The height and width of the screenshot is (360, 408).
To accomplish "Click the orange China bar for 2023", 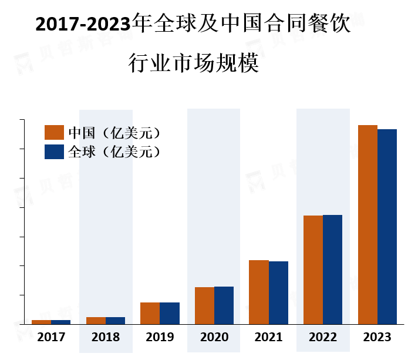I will click(x=367, y=224).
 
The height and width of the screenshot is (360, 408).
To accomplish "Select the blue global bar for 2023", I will click(x=387, y=226).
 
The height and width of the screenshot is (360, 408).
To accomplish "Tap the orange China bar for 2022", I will click(x=313, y=270).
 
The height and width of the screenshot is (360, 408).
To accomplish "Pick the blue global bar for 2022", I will click(x=332, y=269).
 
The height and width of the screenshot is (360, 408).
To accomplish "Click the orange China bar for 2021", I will click(x=259, y=292).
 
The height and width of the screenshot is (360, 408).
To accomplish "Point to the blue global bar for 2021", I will click(x=278, y=292).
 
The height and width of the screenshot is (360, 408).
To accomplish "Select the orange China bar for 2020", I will click(x=204, y=305).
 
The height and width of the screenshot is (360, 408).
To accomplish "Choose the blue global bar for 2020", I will click(x=224, y=305).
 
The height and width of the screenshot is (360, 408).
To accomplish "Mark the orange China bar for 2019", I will click(x=150, y=313).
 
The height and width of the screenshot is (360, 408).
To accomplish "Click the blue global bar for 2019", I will click(x=170, y=313).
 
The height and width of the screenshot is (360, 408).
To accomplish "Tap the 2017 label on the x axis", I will click(x=51, y=338).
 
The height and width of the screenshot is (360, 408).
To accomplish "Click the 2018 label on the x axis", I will click(x=106, y=338).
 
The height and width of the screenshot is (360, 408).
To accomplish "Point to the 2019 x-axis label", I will click(x=160, y=338).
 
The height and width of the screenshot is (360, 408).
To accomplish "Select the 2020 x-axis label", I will click(x=214, y=338).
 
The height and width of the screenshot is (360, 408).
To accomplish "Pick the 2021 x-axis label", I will click(x=268, y=338).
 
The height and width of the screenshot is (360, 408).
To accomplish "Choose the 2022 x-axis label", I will click(x=323, y=338).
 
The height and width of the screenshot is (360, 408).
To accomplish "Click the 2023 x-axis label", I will click(x=377, y=338).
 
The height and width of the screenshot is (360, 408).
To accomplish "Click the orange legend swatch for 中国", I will click(x=54, y=132).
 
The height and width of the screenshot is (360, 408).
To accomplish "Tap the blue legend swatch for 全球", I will click(x=54, y=152).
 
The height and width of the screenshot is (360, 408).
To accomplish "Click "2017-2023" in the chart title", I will click(x=83, y=25).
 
